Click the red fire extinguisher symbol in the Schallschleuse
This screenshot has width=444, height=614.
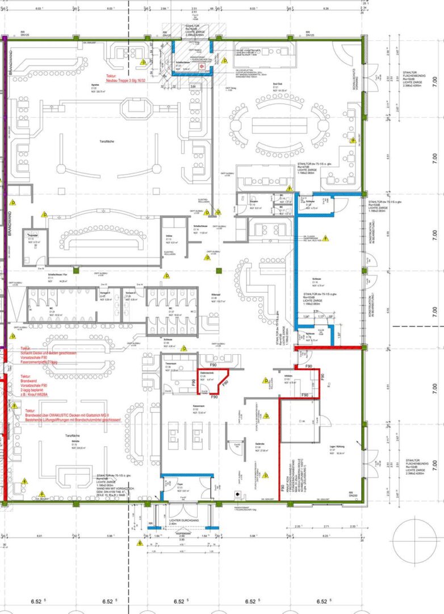pos(201,65)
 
